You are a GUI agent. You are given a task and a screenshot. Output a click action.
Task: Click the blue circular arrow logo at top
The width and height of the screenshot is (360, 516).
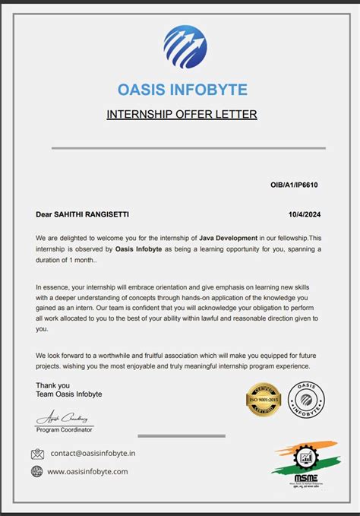click(185, 47)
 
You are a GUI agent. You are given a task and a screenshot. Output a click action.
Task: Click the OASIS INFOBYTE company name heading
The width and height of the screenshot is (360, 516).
click(182, 90)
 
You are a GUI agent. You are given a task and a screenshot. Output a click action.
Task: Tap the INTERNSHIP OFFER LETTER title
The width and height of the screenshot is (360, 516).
click(182, 115)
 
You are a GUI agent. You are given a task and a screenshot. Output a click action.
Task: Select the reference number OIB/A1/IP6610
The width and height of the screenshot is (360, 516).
click(294, 185)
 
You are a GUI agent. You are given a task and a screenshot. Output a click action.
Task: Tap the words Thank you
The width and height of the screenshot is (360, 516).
click(52, 385)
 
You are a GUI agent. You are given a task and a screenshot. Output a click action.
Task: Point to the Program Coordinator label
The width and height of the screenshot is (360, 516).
click(65, 429)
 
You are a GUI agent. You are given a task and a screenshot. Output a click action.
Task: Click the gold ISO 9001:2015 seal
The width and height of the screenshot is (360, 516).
click(263, 400)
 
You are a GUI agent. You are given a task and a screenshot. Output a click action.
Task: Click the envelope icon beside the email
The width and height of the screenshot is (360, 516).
click(37, 454)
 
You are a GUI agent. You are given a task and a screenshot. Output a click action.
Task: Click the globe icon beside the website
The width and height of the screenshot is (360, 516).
click(37, 471)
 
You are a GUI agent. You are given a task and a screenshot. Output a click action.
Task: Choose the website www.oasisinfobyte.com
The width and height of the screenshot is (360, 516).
click(87, 471)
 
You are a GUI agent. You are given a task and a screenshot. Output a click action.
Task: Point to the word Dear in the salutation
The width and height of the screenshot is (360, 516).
click(45, 215)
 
